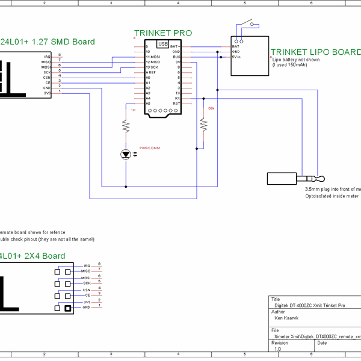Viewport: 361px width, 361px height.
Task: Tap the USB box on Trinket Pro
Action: [x=162, y=44]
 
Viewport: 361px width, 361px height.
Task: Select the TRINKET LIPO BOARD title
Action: [x=315, y=52]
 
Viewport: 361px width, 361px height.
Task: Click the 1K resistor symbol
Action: [x=126, y=126]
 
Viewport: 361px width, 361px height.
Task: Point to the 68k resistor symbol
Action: [x=203, y=124]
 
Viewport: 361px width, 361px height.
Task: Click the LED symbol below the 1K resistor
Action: [x=126, y=155]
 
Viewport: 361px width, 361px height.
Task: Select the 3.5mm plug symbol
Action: [x=295, y=179]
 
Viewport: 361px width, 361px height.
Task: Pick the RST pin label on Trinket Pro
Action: [x=176, y=103]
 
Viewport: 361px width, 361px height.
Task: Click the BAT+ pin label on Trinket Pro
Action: [x=174, y=46]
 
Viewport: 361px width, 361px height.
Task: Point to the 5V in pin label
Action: [x=237, y=57]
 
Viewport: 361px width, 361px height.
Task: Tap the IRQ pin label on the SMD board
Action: [x=46, y=56]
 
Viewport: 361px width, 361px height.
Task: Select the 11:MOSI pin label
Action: [x=152, y=57]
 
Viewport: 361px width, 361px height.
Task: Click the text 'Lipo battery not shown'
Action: [x=297, y=60]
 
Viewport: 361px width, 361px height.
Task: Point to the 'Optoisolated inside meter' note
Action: [x=332, y=196]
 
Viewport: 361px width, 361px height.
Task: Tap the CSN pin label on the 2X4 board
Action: [x=87, y=289]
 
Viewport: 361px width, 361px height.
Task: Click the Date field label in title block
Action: [x=322, y=342]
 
